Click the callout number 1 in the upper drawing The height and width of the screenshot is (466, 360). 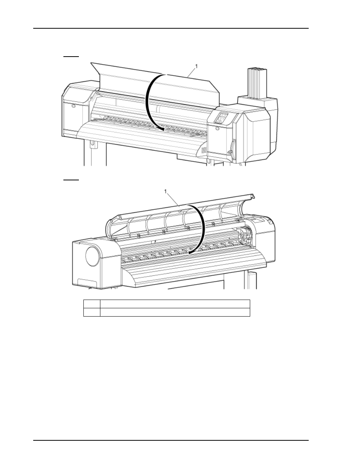(x=196, y=66)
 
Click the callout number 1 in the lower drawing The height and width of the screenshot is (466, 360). (x=166, y=191)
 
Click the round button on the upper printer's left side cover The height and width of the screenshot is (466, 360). (x=74, y=106)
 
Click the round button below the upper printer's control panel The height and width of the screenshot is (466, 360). (x=217, y=128)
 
